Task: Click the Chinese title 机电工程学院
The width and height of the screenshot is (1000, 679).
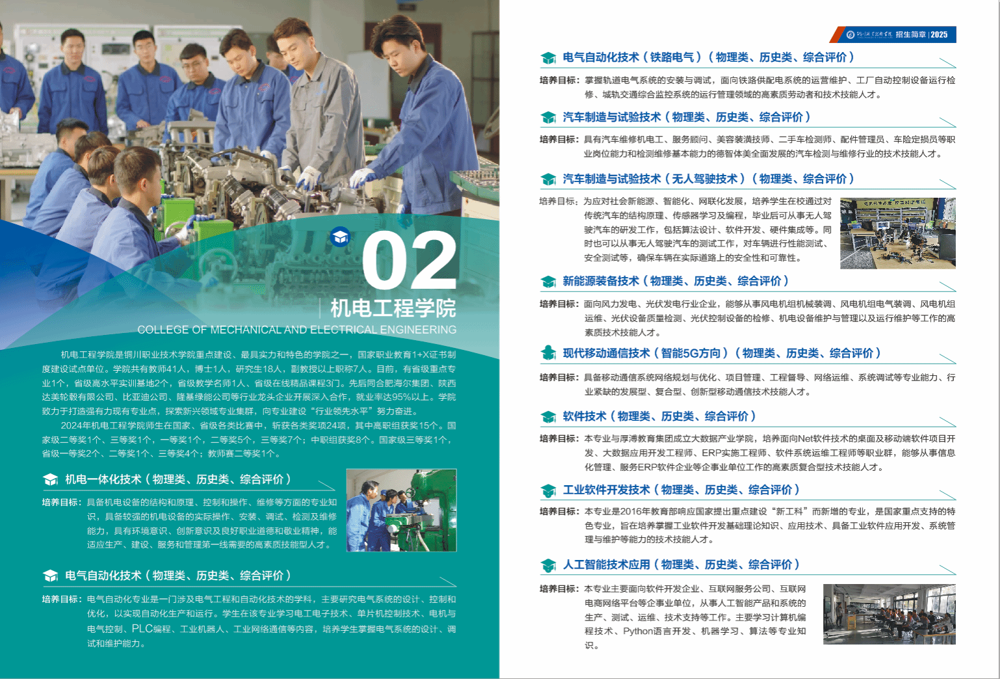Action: [x=393, y=308]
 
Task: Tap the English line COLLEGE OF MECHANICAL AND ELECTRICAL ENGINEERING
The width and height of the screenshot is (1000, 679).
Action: [x=297, y=330]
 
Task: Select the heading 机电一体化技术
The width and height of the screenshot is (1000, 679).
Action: [x=103, y=479]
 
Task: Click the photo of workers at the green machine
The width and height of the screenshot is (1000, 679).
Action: [x=401, y=511]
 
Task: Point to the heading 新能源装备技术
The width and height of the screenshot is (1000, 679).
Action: [x=601, y=281]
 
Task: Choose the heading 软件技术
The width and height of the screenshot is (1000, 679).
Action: [x=585, y=416]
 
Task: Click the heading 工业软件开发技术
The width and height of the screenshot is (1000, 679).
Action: [x=606, y=490]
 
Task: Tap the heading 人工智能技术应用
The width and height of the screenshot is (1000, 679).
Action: [x=606, y=565]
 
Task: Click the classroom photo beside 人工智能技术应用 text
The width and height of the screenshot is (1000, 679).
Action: [x=889, y=614]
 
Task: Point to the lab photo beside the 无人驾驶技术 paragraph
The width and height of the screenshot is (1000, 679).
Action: [x=898, y=233]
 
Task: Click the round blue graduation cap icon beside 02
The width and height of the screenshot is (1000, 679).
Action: [x=340, y=237]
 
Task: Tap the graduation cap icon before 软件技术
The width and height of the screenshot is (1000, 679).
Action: [x=548, y=417]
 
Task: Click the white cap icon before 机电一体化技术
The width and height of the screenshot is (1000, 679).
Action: [x=51, y=480]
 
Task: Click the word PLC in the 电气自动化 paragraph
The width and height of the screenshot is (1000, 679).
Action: [x=142, y=628]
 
